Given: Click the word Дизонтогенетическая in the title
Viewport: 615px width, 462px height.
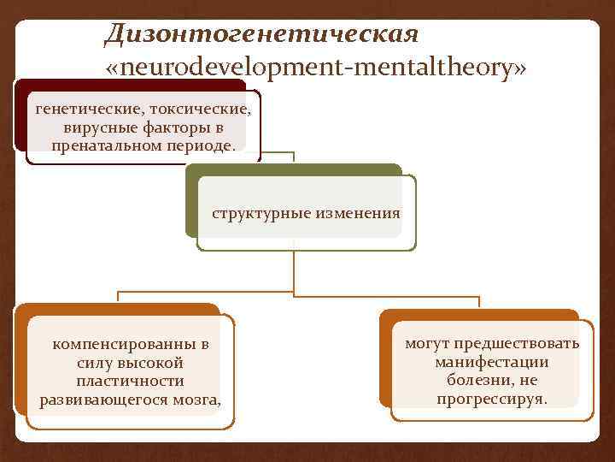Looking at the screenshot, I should coord(261,34).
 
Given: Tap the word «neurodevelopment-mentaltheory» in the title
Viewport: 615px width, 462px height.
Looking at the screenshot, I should coord(314,68).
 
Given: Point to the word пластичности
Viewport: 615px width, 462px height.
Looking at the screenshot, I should coord(130,381).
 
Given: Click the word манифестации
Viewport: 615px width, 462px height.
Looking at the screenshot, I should coord(492,362).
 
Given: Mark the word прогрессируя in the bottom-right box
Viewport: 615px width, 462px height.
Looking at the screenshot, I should coord(492,399).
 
